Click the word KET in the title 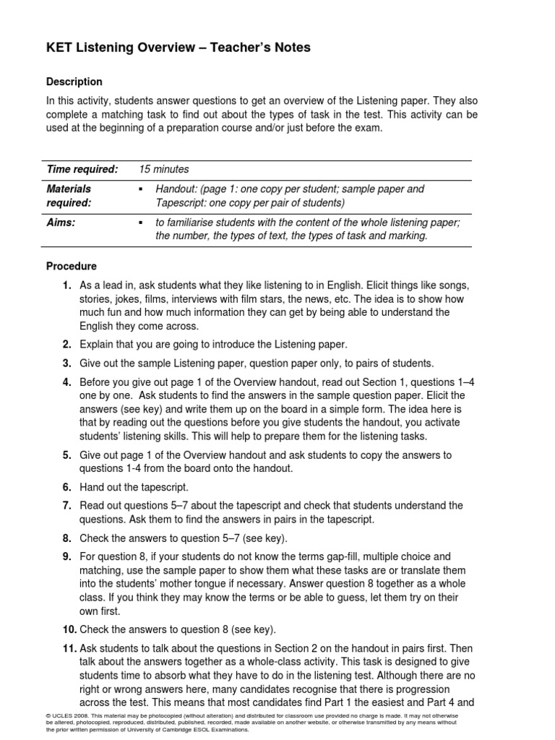point(61,48)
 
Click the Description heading point(74,82)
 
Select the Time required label point(82,169)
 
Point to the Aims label point(61,223)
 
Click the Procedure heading point(72,266)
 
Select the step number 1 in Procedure point(66,285)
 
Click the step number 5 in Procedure point(66,455)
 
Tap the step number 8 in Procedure point(66,538)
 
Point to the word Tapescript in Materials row point(182,202)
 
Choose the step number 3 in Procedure point(66,363)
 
